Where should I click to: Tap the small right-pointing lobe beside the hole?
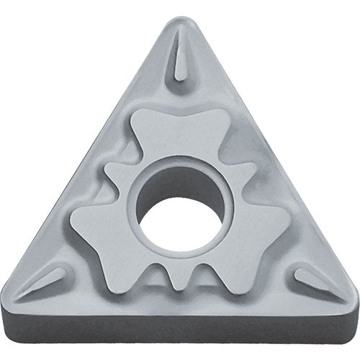245,173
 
